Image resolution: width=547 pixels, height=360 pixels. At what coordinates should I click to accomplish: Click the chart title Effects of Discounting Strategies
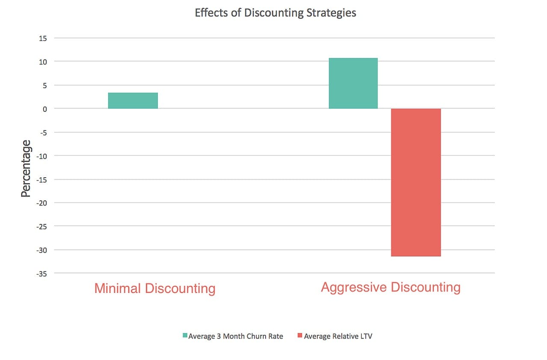[x=275, y=13]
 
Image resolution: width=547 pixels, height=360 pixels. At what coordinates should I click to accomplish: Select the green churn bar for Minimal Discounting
[x=133, y=101]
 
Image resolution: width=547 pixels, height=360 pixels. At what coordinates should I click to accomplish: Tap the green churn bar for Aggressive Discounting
[x=353, y=83]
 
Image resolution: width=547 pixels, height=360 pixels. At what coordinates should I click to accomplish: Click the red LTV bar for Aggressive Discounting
[x=416, y=182]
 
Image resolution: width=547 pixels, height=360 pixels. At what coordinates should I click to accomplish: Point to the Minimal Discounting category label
[x=154, y=288]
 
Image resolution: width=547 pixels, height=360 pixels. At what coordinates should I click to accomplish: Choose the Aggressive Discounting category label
[x=390, y=287]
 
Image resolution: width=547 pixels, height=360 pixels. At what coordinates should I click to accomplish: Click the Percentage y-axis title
[x=27, y=169]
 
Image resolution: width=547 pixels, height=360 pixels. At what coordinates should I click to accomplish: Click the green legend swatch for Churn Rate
[x=185, y=336]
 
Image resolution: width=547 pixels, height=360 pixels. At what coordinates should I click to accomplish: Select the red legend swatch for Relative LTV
[x=299, y=336]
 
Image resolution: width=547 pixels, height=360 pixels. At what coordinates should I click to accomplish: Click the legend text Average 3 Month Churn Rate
[x=236, y=336]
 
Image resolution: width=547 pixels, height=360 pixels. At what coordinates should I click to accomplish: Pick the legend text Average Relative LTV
[x=338, y=336]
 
